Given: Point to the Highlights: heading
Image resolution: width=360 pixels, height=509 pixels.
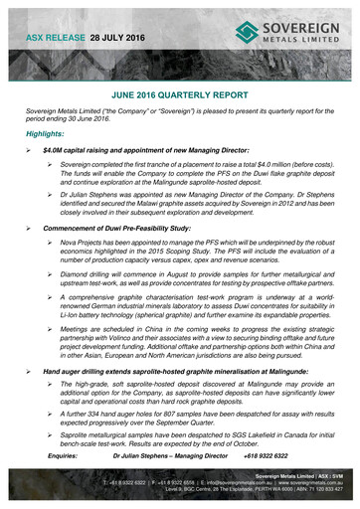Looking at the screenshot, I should [53, 132].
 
